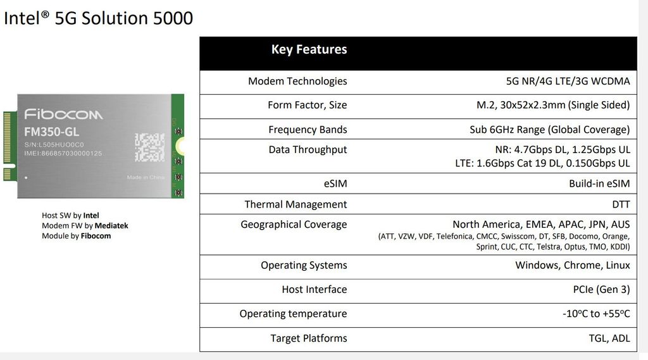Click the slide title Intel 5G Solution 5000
[98, 18]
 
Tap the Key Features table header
[309, 49]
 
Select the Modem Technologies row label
[297, 81]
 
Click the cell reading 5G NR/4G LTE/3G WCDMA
[568, 81]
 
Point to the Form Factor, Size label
[307, 105]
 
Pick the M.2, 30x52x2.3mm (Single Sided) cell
[553, 105]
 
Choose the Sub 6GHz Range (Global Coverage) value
[549, 130]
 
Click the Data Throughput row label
[308, 150]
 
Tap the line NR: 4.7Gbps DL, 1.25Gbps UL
[562, 150]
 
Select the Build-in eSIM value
[599, 183]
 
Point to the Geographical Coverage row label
[294, 225]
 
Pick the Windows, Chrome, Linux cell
[572, 265]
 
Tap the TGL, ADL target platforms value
[609, 338]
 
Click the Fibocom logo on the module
[63, 115]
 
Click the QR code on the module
[149, 147]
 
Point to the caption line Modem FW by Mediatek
[85, 225]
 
